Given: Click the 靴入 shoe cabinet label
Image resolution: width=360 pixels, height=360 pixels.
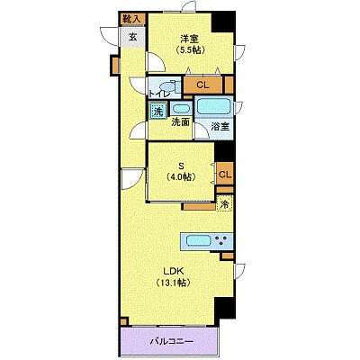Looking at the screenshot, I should [x=130, y=18].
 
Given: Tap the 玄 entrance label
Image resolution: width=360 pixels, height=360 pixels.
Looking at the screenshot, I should [x=132, y=37].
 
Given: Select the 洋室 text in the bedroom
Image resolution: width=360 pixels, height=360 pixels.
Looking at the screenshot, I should [x=188, y=39].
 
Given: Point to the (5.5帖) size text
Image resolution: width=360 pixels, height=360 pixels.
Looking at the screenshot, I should [x=189, y=51].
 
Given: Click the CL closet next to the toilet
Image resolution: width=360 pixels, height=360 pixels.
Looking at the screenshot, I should [x=202, y=85].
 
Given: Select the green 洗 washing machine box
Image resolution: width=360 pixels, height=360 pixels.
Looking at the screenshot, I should [x=157, y=112].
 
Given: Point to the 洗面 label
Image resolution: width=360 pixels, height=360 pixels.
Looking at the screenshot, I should [x=180, y=121].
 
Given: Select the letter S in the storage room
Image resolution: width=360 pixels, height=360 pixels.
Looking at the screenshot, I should [x=181, y=165].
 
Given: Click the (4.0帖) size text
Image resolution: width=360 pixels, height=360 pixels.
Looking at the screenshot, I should [x=181, y=177].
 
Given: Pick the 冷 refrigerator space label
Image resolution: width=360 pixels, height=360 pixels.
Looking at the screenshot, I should [x=224, y=204].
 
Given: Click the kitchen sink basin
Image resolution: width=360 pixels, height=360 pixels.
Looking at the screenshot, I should [x=197, y=240].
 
